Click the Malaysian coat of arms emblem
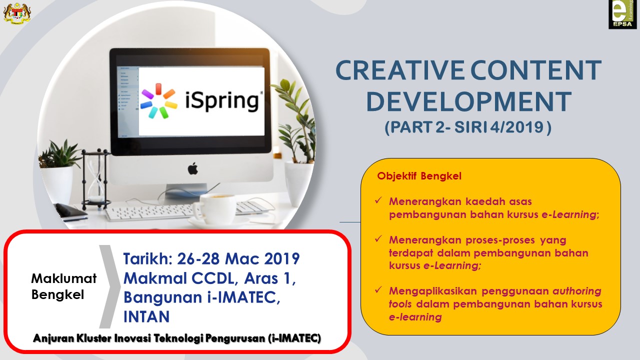coord(17,13)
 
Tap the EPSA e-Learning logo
coord(622,14)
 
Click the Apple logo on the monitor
coord(193,168)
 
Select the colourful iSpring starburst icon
coord(159,100)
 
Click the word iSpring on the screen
coord(222,101)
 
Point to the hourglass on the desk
coord(95,178)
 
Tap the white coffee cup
coord(214,208)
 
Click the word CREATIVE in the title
coord(400,70)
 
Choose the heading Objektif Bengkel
coord(419,176)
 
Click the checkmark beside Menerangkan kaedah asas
coord(378,200)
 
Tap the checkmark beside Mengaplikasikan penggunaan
coord(378,289)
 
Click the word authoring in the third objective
coord(577,291)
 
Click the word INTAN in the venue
coord(146,316)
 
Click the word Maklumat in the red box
coord(63,278)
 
